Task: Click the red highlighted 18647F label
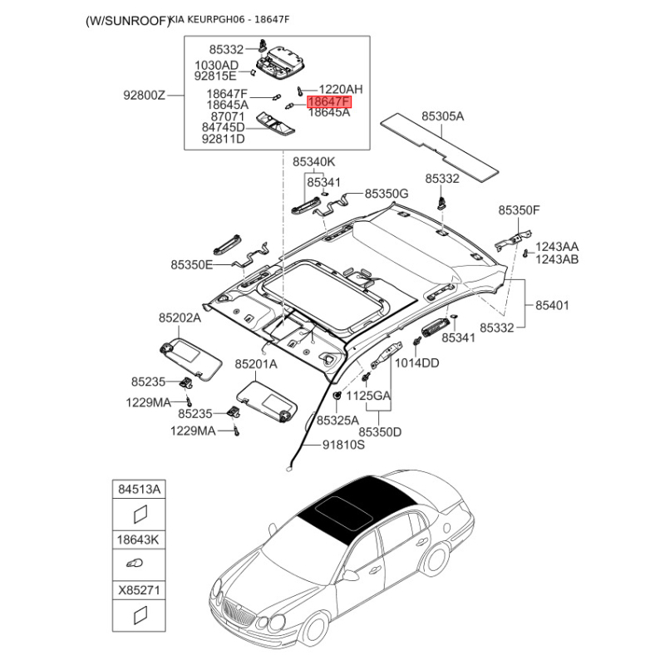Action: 329,101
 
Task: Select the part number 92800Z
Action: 144,95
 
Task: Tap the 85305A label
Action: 442,116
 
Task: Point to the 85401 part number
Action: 552,305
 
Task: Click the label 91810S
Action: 343,445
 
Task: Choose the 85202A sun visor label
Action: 180,318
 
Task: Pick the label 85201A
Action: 256,363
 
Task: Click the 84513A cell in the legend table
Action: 139,490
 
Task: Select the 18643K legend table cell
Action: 139,539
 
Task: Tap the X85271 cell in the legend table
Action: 139,590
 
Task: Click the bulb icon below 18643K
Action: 135,564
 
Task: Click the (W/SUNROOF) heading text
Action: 127,21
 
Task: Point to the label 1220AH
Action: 341,89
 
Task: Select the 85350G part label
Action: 387,194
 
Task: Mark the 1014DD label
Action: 417,362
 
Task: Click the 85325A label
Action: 337,420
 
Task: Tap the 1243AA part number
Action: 557,246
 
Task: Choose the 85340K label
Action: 314,161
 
